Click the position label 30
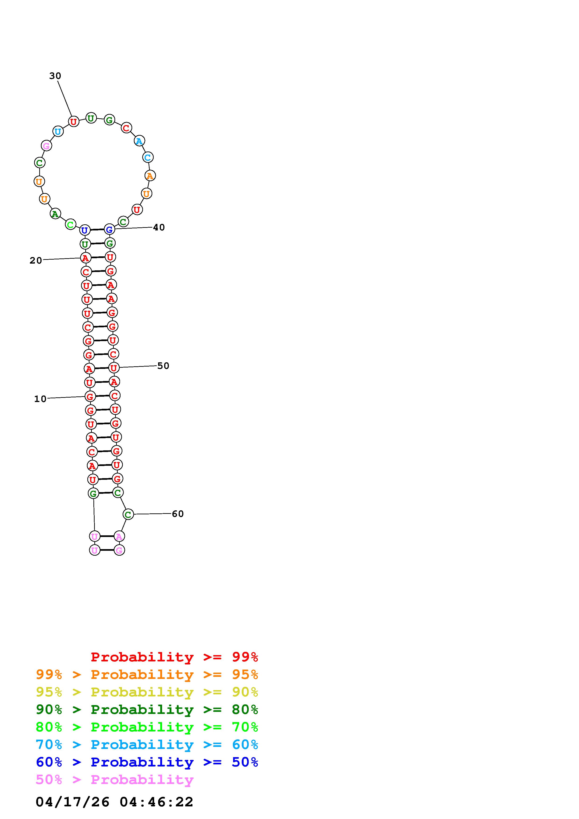point(55,76)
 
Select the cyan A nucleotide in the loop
point(139,141)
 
